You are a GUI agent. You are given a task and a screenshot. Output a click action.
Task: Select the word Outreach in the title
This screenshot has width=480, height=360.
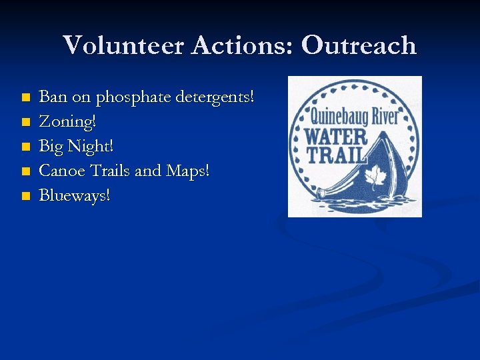click(359, 45)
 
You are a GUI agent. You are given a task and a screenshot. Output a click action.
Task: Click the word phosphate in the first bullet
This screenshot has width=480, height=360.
click(133, 98)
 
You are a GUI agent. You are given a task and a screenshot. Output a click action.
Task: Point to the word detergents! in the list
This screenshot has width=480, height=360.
click(215, 97)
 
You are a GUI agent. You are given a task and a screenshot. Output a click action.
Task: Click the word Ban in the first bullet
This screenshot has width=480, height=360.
click(53, 97)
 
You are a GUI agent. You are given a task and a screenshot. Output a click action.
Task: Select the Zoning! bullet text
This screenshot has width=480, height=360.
click(67, 122)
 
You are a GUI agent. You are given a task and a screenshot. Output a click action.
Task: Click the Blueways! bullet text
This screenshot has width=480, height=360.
click(75, 195)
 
